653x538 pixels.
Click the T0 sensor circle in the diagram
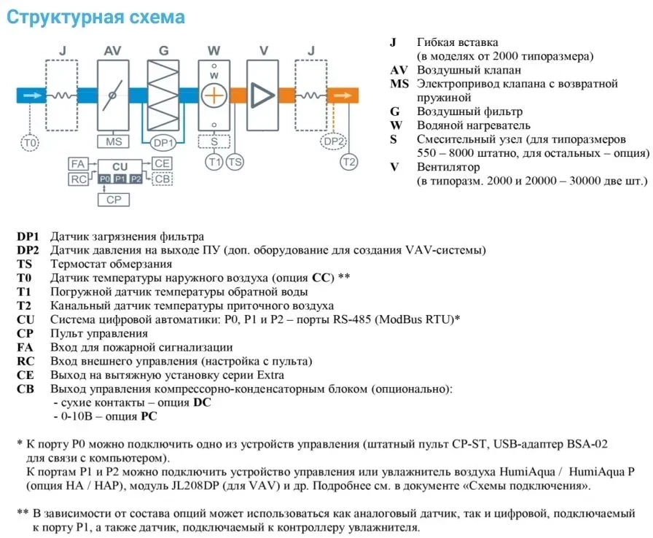[x=30, y=143]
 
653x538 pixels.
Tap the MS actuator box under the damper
[x=113, y=141]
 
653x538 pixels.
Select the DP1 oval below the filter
[x=163, y=143]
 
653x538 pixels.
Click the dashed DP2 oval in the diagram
[x=334, y=142]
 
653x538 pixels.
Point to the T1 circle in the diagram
[x=214, y=162]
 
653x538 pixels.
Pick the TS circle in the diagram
[x=235, y=162]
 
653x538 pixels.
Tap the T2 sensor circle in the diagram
[x=348, y=162]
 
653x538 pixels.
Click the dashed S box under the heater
[x=214, y=141]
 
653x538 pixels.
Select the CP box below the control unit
[x=114, y=200]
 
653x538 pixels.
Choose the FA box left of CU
[x=78, y=163]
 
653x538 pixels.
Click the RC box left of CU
[x=78, y=179]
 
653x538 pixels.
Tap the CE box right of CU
[x=162, y=163]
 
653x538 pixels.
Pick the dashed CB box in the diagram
[x=162, y=179]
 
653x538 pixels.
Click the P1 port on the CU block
[x=120, y=179]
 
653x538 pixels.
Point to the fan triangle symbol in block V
[x=262, y=95]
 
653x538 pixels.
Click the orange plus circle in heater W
[x=214, y=95]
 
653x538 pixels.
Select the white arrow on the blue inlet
[x=34, y=95]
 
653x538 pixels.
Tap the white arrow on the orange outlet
[x=343, y=95]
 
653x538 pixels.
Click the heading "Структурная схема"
[x=95, y=17]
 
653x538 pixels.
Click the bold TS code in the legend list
[x=24, y=264]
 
